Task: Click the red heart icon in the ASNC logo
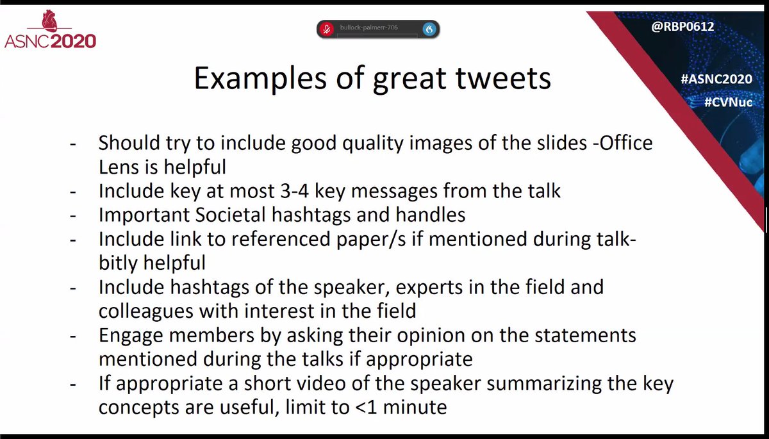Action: pos(49,21)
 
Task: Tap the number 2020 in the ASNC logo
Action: pos(74,42)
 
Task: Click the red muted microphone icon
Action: pos(326,29)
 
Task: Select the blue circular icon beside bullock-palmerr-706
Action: pos(429,29)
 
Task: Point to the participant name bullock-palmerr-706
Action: pos(368,28)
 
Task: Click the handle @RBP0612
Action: pos(682,26)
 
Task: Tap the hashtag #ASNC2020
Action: pos(716,79)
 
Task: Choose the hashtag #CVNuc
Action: pos(729,102)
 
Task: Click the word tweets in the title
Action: pos(503,78)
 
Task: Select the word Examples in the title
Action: pos(260,79)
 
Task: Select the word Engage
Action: pos(131,336)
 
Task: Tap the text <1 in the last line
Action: pos(366,408)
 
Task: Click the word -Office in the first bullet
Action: pos(623,143)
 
